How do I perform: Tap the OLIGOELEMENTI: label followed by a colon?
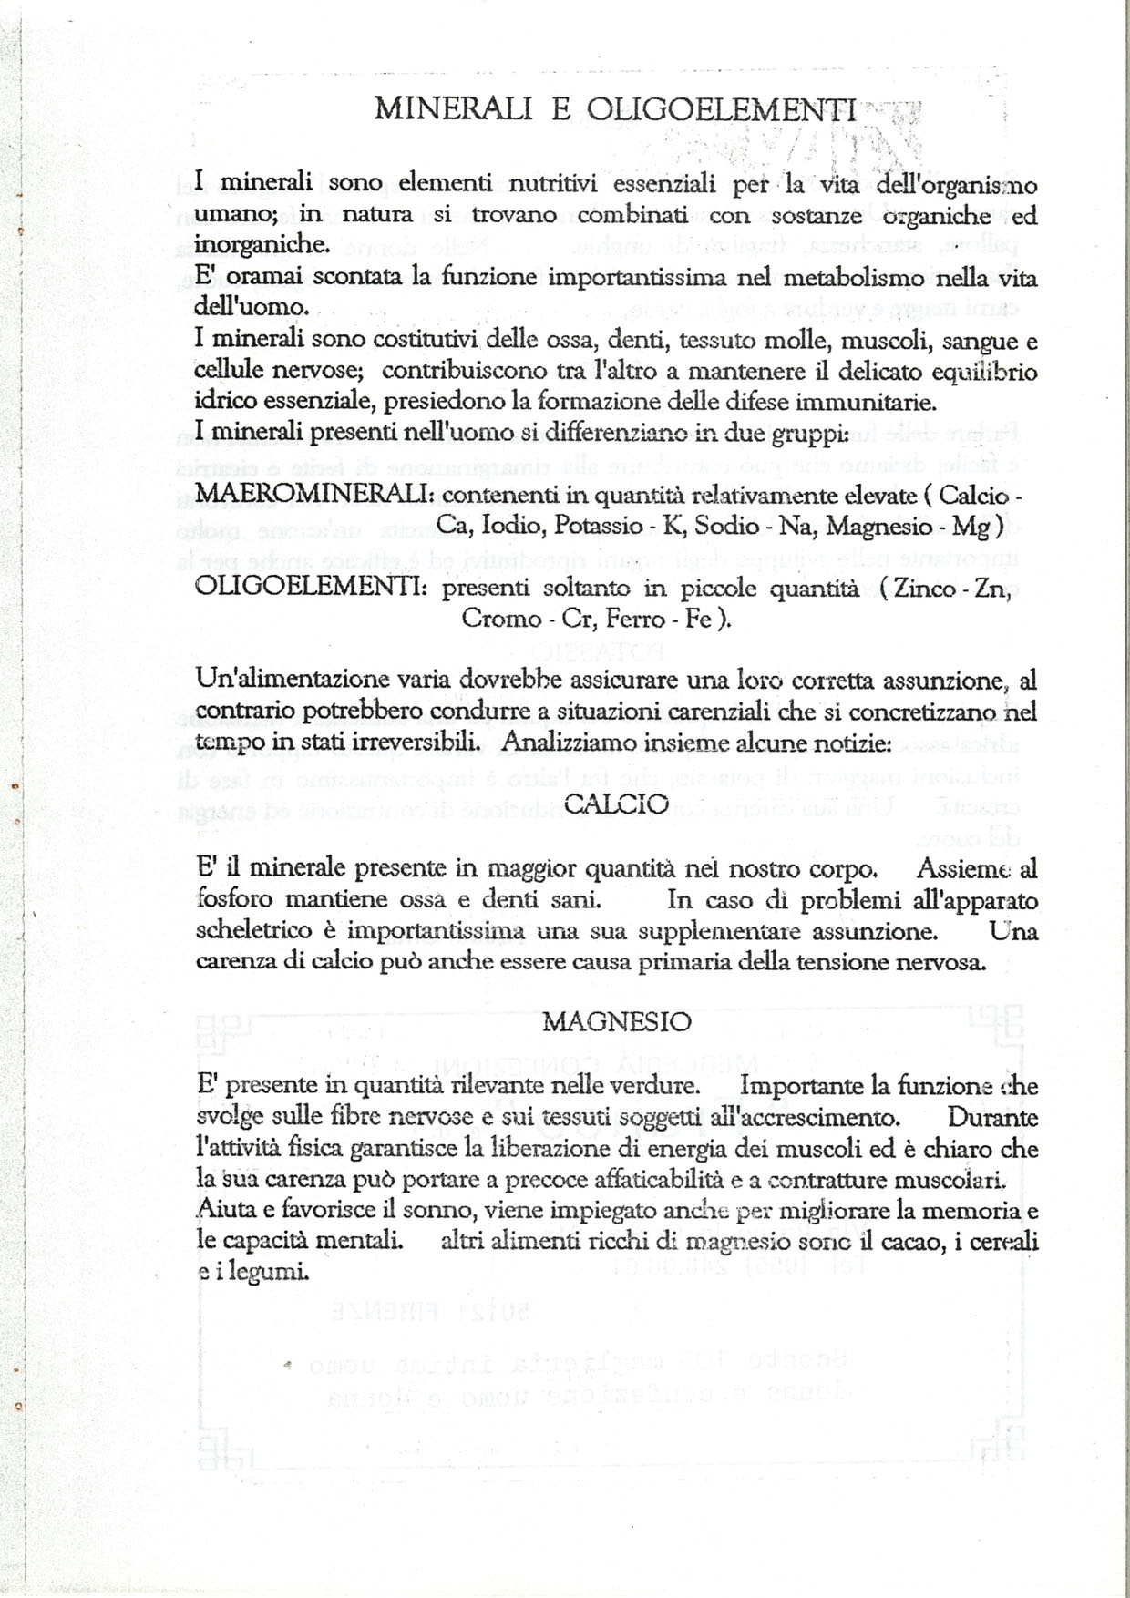(312, 589)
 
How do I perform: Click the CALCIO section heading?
(617, 804)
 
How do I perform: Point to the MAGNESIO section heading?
(617, 1021)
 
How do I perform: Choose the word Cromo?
(501, 619)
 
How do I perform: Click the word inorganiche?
(262, 245)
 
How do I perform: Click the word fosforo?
(235, 900)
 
